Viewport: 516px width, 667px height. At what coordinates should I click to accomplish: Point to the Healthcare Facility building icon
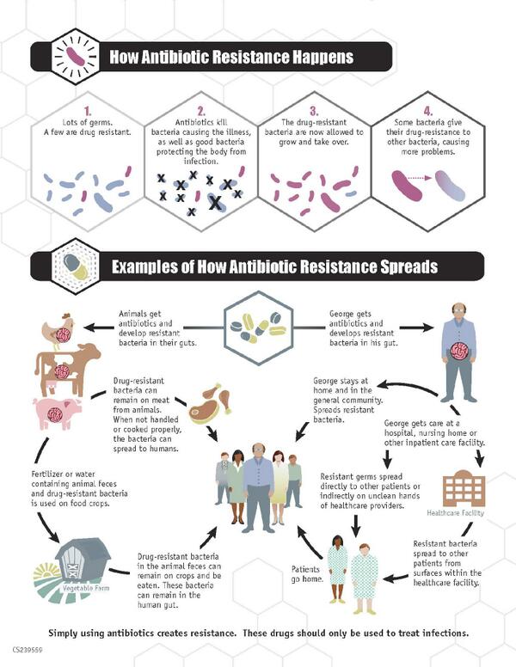(x=463, y=487)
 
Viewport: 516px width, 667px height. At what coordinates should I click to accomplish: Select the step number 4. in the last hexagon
(x=429, y=111)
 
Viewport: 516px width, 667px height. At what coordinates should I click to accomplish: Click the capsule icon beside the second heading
(x=72, y=266)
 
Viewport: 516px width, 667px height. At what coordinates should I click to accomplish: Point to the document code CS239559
(x=28, y=651)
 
